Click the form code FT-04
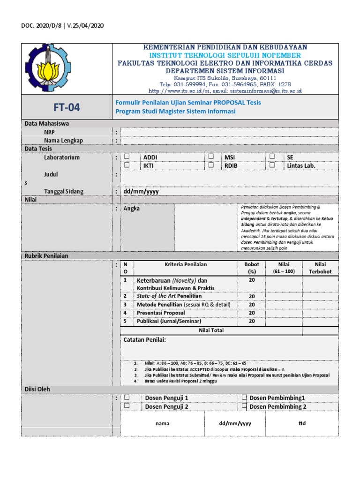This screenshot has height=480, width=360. pos(67,107)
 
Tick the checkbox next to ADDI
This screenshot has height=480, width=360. pos(127,157)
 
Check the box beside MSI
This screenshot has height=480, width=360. pos(211,157)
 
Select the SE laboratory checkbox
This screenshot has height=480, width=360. pos(272,157)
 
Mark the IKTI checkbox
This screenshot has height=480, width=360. pos(127,165)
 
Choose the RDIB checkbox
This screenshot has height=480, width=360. pos(211,165)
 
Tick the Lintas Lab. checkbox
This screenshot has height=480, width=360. pos(272,165)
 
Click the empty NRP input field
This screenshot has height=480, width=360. pos(229,132)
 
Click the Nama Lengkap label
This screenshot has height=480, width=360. pos(63,141)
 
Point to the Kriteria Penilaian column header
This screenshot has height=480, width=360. pos(186,264)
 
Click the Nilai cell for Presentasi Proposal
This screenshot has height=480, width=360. pos(284,313)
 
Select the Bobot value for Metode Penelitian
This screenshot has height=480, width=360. pos(252,304)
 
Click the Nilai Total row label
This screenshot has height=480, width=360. pos(211,330)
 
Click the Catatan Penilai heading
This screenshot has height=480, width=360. pos(144,339)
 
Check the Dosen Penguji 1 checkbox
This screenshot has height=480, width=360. pos(127,397)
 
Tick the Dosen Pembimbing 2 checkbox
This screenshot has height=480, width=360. pos(244,406)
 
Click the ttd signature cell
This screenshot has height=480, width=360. pos(302,423)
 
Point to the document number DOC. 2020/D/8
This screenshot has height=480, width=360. pos(41,25)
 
